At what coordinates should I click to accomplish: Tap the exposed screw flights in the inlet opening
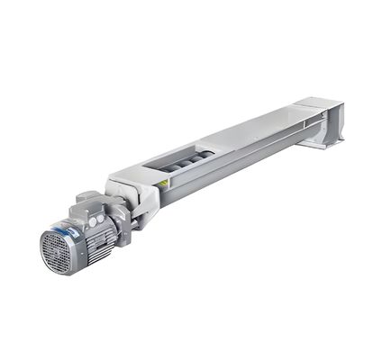click(188, 160)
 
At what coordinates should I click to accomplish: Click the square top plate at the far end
click(322, 104)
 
